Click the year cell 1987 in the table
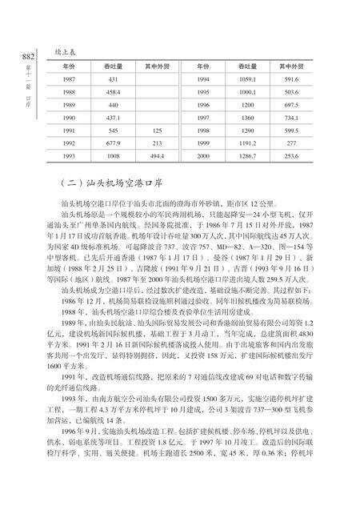click(x=70, y=79)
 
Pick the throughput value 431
click(x=113, y=79)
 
